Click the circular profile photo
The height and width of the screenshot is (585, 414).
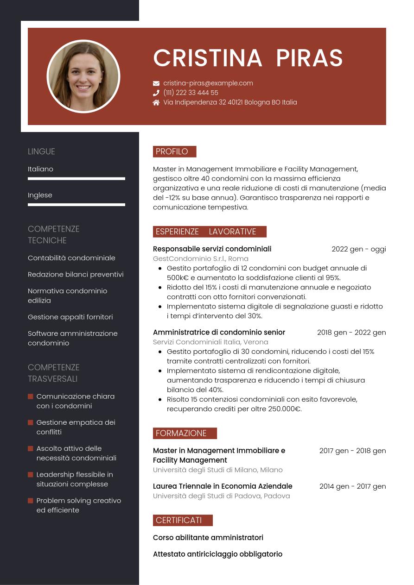[83, 76]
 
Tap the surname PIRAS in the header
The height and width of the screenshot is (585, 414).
[309, 58]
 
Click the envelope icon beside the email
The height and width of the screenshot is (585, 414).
[156, 83]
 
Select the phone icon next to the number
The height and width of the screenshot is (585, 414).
[156, 93]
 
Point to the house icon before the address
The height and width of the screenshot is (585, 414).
[156, 102]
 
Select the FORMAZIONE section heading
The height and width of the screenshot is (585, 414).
[185, 433]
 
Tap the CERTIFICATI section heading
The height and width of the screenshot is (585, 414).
[182, 520]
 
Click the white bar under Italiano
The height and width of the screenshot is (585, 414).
[76, 178]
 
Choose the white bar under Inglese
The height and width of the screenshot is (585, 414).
[76, 204]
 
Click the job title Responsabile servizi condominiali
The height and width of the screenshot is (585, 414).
[212, 249]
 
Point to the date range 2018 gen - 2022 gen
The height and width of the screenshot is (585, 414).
[351, 332]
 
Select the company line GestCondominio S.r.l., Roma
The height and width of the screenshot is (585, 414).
[201, 258]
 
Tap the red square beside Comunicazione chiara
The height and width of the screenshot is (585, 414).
[31, 396]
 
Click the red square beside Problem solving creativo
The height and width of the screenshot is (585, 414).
[31, 501]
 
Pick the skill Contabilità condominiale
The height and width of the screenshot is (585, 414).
[71, 258]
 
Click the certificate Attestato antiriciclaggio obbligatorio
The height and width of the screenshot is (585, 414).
[217, 554]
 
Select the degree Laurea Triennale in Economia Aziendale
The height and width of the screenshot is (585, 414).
[223, 486]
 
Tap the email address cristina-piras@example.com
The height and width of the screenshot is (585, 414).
[208, 83]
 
